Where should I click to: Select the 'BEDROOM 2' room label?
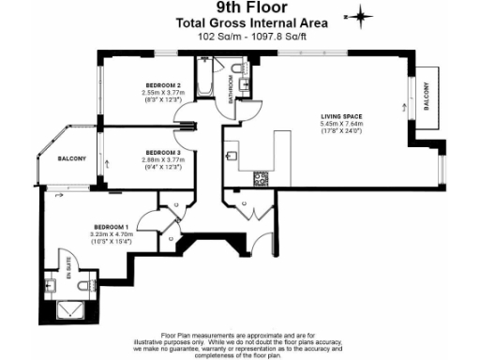[x=163, y=82]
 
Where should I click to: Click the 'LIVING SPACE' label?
[x=340, y=116]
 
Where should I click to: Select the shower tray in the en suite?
[x=70, y=310]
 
